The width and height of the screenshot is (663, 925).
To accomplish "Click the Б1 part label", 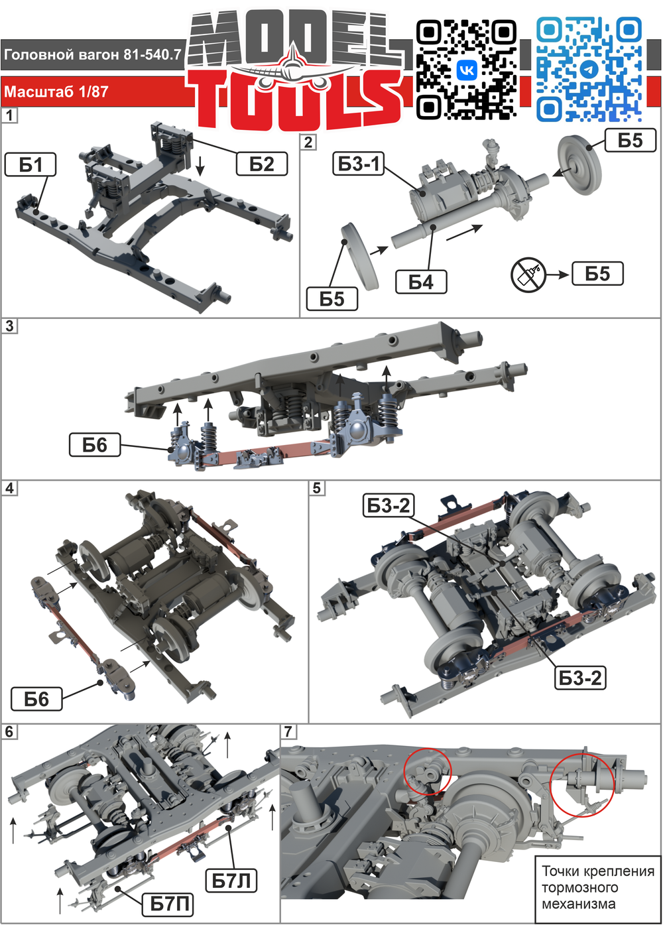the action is [x=30, y=164].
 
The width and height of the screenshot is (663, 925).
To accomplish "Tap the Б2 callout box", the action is [x=262, y=164].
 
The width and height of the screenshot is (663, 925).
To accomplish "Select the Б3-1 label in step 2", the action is [x=358, y=164].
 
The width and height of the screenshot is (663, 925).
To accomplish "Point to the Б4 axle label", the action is [x=421, y=282].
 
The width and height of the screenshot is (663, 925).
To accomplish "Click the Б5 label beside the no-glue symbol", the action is [x=597, y=273].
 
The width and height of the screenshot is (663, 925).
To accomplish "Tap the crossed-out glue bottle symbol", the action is [x=528, y=275].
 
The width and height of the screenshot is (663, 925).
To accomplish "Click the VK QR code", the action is [x=467, y=70].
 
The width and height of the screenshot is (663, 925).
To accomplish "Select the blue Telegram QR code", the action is [x=589, y=70].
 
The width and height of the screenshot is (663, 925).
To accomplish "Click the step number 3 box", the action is [x=9, y=326].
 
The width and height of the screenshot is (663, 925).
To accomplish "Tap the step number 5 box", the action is [x=317, y=488].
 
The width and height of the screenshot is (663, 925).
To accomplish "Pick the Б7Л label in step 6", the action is [x=231, y=880].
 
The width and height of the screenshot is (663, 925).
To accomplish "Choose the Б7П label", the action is [x=168, y=903].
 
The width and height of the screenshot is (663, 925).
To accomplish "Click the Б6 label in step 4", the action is [x=36, y=699].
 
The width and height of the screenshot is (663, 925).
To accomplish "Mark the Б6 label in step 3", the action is [x=95, y=445].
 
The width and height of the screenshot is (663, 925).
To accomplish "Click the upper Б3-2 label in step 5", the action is [x=389, y=505].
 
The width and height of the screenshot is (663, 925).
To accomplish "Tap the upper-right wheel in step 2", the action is [x=579, y=164].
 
